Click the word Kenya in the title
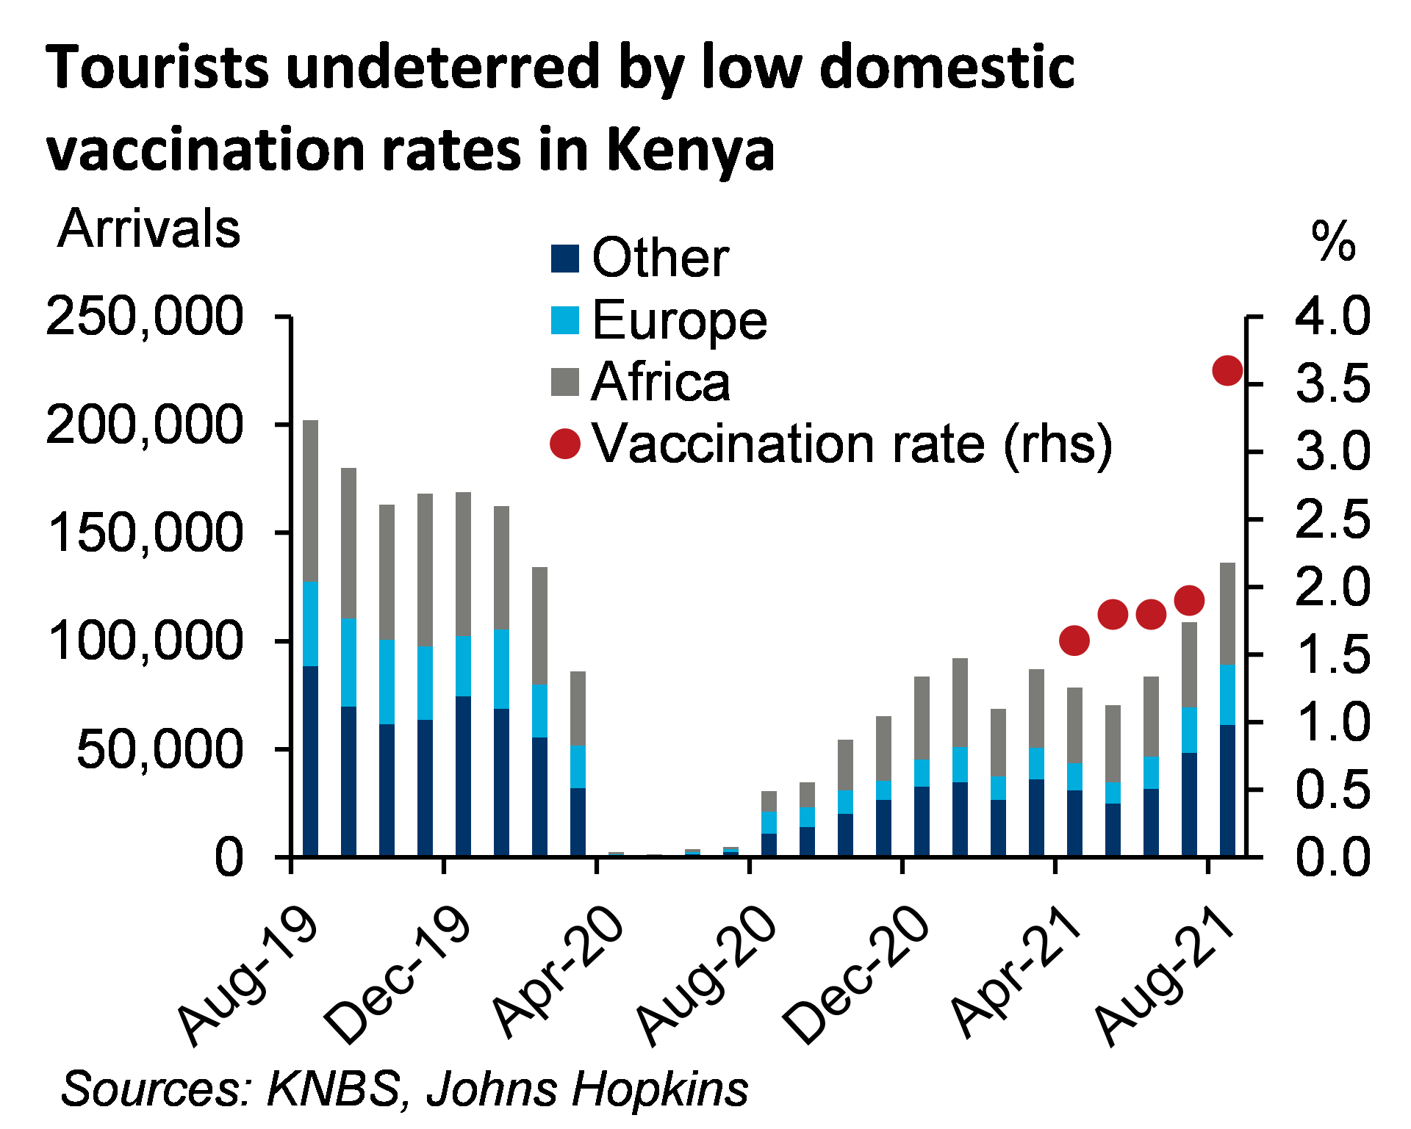(692, 151)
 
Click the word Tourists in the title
(158, 68)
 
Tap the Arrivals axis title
(150, 229)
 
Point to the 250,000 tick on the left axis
(146, 315)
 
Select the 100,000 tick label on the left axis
(147, 640)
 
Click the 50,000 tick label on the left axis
(159, 749)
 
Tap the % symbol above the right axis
(1332, 239)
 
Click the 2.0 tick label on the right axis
(1332, 586)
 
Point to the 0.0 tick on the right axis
(1332, 856)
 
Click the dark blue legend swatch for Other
(565, 259)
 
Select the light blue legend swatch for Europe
(565, 320)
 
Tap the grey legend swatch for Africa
(565, 382)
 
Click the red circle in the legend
(565, 444)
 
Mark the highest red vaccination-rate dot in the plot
(1227, 370)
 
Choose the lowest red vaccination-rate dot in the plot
(1074, 641)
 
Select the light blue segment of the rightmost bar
(1227, 695)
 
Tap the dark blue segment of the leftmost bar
(311, 760)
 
